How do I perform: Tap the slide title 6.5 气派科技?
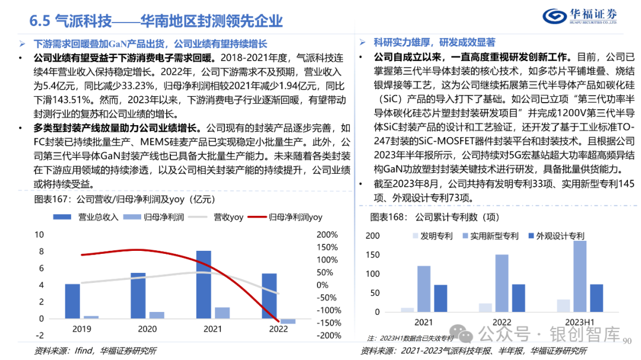pos(156,21)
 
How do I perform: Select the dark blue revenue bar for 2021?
pos(204,284)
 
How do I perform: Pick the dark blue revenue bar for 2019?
pos(72,301)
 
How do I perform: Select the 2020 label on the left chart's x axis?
pos(147,330)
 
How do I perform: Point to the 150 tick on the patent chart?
pos(372,255)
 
